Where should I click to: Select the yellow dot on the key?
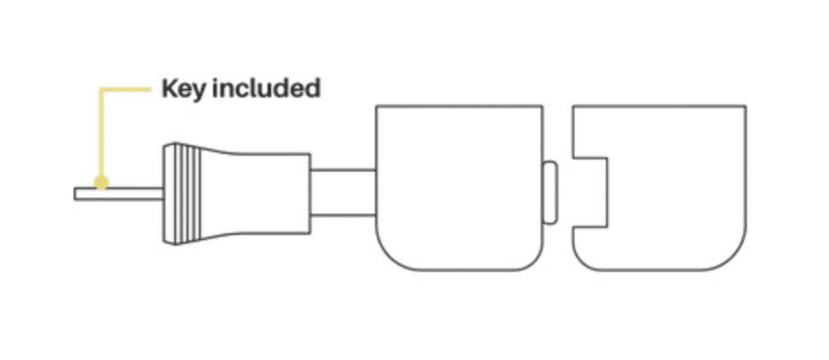click(101, 183)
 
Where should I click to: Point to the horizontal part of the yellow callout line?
click(126, 90)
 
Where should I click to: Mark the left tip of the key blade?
click(74, 194)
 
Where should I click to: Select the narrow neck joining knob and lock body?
click(343, 193)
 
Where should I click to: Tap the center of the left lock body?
click(459, 188)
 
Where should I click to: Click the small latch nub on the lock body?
click(550, 193)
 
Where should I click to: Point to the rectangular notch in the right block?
click(590, 193)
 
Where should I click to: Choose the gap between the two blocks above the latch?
click(558, 132)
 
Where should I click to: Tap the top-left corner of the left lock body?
click(376, 105)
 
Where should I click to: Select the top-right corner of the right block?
click(746, 105)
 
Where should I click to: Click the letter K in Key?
click(169, 88)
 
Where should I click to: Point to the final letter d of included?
click(312, 88)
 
